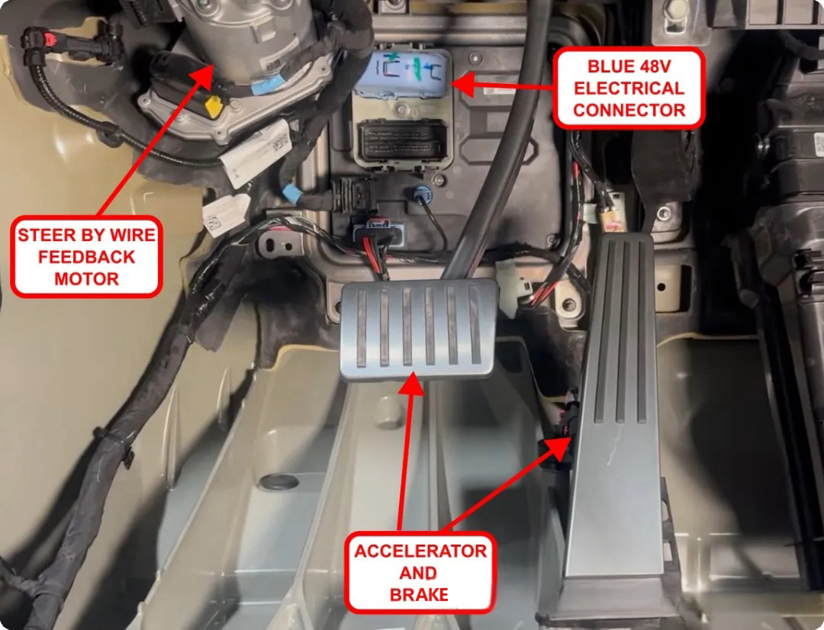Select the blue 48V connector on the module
(402, 74)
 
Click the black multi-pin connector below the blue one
(401, 140)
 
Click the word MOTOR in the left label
(86, 279)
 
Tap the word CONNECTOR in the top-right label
(629, 111)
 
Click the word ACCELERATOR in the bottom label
(420, 551)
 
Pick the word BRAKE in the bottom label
(420, 594)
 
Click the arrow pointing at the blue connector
(504, 85)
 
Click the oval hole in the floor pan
(278, 481)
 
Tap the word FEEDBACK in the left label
(86, 257)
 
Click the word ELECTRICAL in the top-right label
(629, 88)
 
